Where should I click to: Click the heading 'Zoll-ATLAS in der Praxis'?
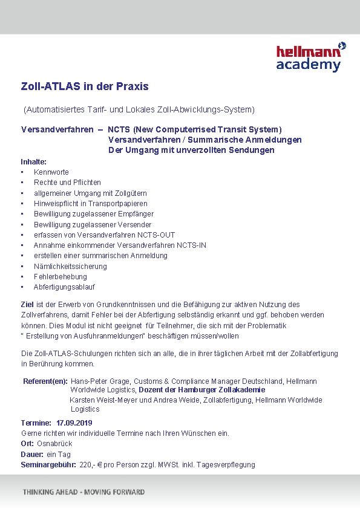(x=85, y=86)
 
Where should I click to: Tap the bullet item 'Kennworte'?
(x=51, y=172)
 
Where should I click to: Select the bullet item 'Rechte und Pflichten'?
(x=67, y=183)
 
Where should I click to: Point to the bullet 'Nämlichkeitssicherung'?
(x=70, y=267)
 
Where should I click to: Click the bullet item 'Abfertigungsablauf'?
(x=64, y=287)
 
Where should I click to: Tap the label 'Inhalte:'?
(x=34, y=162)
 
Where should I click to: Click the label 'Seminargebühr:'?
(x=48, y=465)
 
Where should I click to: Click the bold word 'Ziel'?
(x=27, y=305)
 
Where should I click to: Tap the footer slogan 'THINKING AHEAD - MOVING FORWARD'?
(x=84, y=492)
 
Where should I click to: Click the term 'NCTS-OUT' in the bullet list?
(x=159, y=235)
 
